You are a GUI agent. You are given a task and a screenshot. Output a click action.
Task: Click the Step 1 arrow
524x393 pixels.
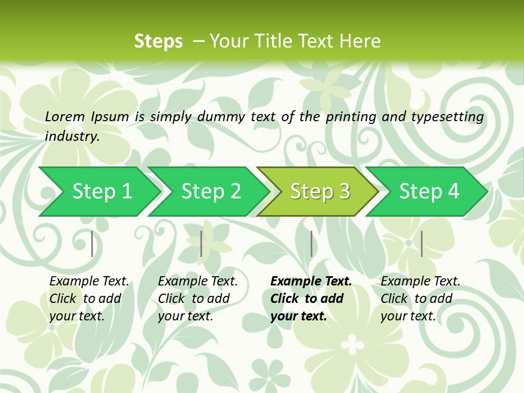coord(102,192)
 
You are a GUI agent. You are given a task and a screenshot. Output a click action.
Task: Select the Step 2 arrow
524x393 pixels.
coord(211,192)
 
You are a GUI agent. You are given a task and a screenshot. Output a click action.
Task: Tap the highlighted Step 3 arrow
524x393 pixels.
coord(320,192)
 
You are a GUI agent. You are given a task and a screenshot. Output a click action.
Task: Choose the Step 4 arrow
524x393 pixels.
coord(429,192)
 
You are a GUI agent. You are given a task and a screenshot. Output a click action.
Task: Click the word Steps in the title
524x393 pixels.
coord(158,41)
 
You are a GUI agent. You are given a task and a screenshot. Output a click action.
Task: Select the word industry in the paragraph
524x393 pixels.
coord(72,136)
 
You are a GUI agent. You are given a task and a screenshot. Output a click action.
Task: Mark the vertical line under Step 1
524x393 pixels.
coord(92,243)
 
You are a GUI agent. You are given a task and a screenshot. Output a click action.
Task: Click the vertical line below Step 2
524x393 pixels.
coord(201,243)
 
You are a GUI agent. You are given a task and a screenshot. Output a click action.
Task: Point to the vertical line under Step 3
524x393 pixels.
coord(311,243)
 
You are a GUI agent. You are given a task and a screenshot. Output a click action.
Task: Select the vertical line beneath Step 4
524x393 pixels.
coord(421,243)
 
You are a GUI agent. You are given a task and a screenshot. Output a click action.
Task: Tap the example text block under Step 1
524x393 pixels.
coord(88,298)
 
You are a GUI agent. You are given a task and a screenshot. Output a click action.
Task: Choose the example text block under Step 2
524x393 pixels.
coord(197,298)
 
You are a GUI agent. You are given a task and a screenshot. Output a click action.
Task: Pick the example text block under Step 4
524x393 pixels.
coord(420,298)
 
